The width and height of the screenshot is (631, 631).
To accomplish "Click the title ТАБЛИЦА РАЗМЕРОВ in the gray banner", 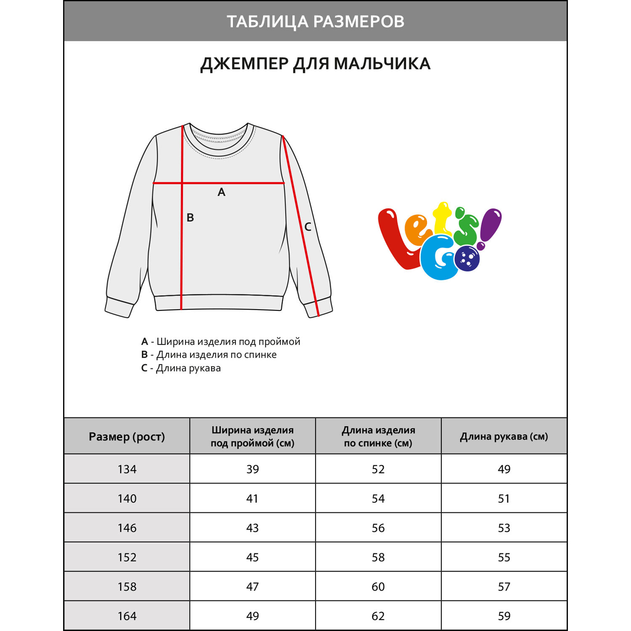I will [315, 21].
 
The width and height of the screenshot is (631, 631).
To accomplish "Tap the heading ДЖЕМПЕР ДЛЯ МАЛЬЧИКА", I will [315, 64].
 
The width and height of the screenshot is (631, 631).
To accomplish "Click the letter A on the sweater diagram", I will [222, 192].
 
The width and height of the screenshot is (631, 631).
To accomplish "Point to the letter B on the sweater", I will [190, 217].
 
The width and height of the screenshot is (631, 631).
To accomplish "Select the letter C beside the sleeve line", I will [308, 227].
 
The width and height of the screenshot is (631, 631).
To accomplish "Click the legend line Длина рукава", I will [181, 368].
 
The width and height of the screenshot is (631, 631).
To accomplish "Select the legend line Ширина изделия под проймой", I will [221, 342].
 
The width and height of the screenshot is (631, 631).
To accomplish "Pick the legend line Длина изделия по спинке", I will [209, 355].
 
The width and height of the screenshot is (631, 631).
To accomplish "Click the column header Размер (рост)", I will [127, 437].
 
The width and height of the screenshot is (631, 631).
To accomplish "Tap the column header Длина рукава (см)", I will [504, 437].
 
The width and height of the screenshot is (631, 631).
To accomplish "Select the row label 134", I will [127, 469].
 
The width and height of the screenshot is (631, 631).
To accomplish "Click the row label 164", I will [127, 616].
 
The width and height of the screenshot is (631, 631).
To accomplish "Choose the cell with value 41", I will [252, 498].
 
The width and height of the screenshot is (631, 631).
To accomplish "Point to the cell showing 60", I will [378, 586].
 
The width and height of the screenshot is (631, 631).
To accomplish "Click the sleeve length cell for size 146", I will [504, 528].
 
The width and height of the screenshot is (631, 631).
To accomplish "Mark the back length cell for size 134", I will [378, 469].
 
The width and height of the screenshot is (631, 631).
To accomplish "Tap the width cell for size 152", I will [252, 557].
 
